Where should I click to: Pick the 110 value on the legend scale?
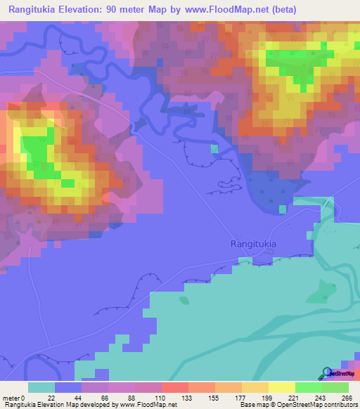[161, 397]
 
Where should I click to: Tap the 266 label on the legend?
[348, 397]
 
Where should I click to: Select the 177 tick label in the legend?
[241, 397]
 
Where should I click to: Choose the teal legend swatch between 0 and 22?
[41, 387]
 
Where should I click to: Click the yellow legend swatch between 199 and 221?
[281, 387]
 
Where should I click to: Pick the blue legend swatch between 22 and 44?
[67, 387]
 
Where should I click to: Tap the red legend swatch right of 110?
[174, 387]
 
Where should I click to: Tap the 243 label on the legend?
[321, 397]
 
